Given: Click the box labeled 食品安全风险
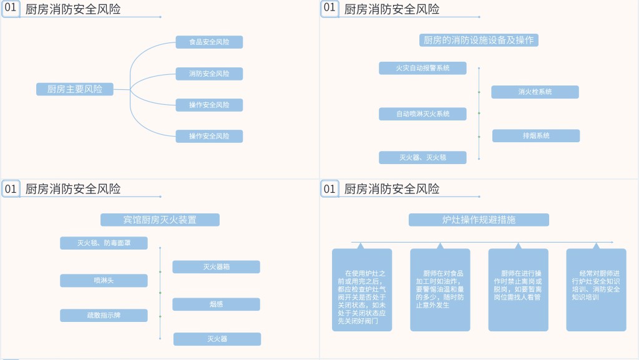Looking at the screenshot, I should (x=209, y=42).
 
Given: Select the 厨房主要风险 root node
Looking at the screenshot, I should (x=75, y=89).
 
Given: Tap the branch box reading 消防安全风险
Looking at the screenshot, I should (x=209, y=74).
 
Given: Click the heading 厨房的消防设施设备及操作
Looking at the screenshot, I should (x=479, y=40).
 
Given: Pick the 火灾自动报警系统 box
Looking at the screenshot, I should (x=422, y=68).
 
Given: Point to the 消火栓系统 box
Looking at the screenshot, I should (x=535, y=92).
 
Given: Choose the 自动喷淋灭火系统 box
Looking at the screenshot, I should (x=422, y=114).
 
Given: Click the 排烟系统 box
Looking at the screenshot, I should (x=535, y=135).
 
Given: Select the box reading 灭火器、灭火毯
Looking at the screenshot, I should (x=422, y=157).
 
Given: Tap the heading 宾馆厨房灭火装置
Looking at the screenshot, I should (x=160, y=220).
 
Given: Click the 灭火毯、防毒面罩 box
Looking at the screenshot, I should (x=104, y=243).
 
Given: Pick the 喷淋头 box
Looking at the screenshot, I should (x=104, y=281).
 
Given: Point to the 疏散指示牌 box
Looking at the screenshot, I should (x=104, y=315).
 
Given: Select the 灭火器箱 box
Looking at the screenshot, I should (x=216, y=266).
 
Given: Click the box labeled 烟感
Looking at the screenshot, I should (x=216, y=304).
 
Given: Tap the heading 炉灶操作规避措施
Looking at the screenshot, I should (x=479, y=220).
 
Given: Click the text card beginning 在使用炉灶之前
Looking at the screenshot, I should (x=362, y=290).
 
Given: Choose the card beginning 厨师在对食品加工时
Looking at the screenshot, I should (x=440, y=290).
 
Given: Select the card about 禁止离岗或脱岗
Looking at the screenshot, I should (x=518, y=290).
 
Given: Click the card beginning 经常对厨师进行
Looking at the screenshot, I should (x=596, y=290).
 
